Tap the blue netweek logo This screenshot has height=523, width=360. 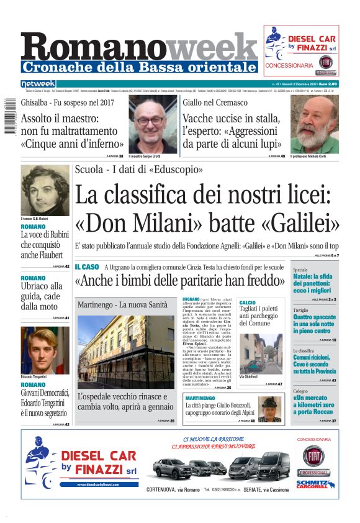38,83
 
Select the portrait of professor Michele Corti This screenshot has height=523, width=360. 314,124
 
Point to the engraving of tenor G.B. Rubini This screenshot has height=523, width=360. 45,189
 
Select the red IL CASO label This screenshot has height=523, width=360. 86,266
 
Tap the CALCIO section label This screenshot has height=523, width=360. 247,302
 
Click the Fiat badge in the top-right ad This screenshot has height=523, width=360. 325,61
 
